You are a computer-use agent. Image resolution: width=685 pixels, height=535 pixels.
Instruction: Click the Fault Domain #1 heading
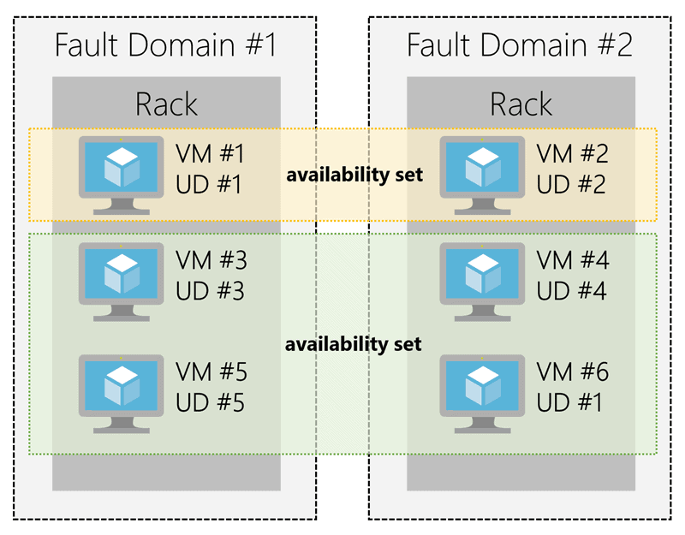coord(165,44)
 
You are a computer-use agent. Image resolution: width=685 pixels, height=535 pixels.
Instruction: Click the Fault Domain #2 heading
coord(519,44)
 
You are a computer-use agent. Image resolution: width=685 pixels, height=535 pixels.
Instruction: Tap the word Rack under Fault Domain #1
coord(166,104)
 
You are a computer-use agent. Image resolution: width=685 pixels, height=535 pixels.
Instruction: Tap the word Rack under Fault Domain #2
coord(521,104)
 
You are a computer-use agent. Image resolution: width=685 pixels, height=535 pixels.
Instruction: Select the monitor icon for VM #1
coord(121,171)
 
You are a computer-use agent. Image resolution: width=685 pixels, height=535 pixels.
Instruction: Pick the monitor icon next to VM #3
coord(121,276)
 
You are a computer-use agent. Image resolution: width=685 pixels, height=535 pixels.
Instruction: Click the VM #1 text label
coord(210,155)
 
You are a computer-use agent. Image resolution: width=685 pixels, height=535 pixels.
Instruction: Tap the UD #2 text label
coord(571,184)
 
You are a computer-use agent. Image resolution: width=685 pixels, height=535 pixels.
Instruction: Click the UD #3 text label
coord(210,291)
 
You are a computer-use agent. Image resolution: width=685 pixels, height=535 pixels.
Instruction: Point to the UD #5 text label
coord(210,401)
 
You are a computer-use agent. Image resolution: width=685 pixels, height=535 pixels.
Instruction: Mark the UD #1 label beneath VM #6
coord(571,401)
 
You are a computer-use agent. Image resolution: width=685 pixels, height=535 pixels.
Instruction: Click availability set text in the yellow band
coord(354,175)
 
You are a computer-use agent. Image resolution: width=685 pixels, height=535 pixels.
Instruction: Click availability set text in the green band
coord(354,344)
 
